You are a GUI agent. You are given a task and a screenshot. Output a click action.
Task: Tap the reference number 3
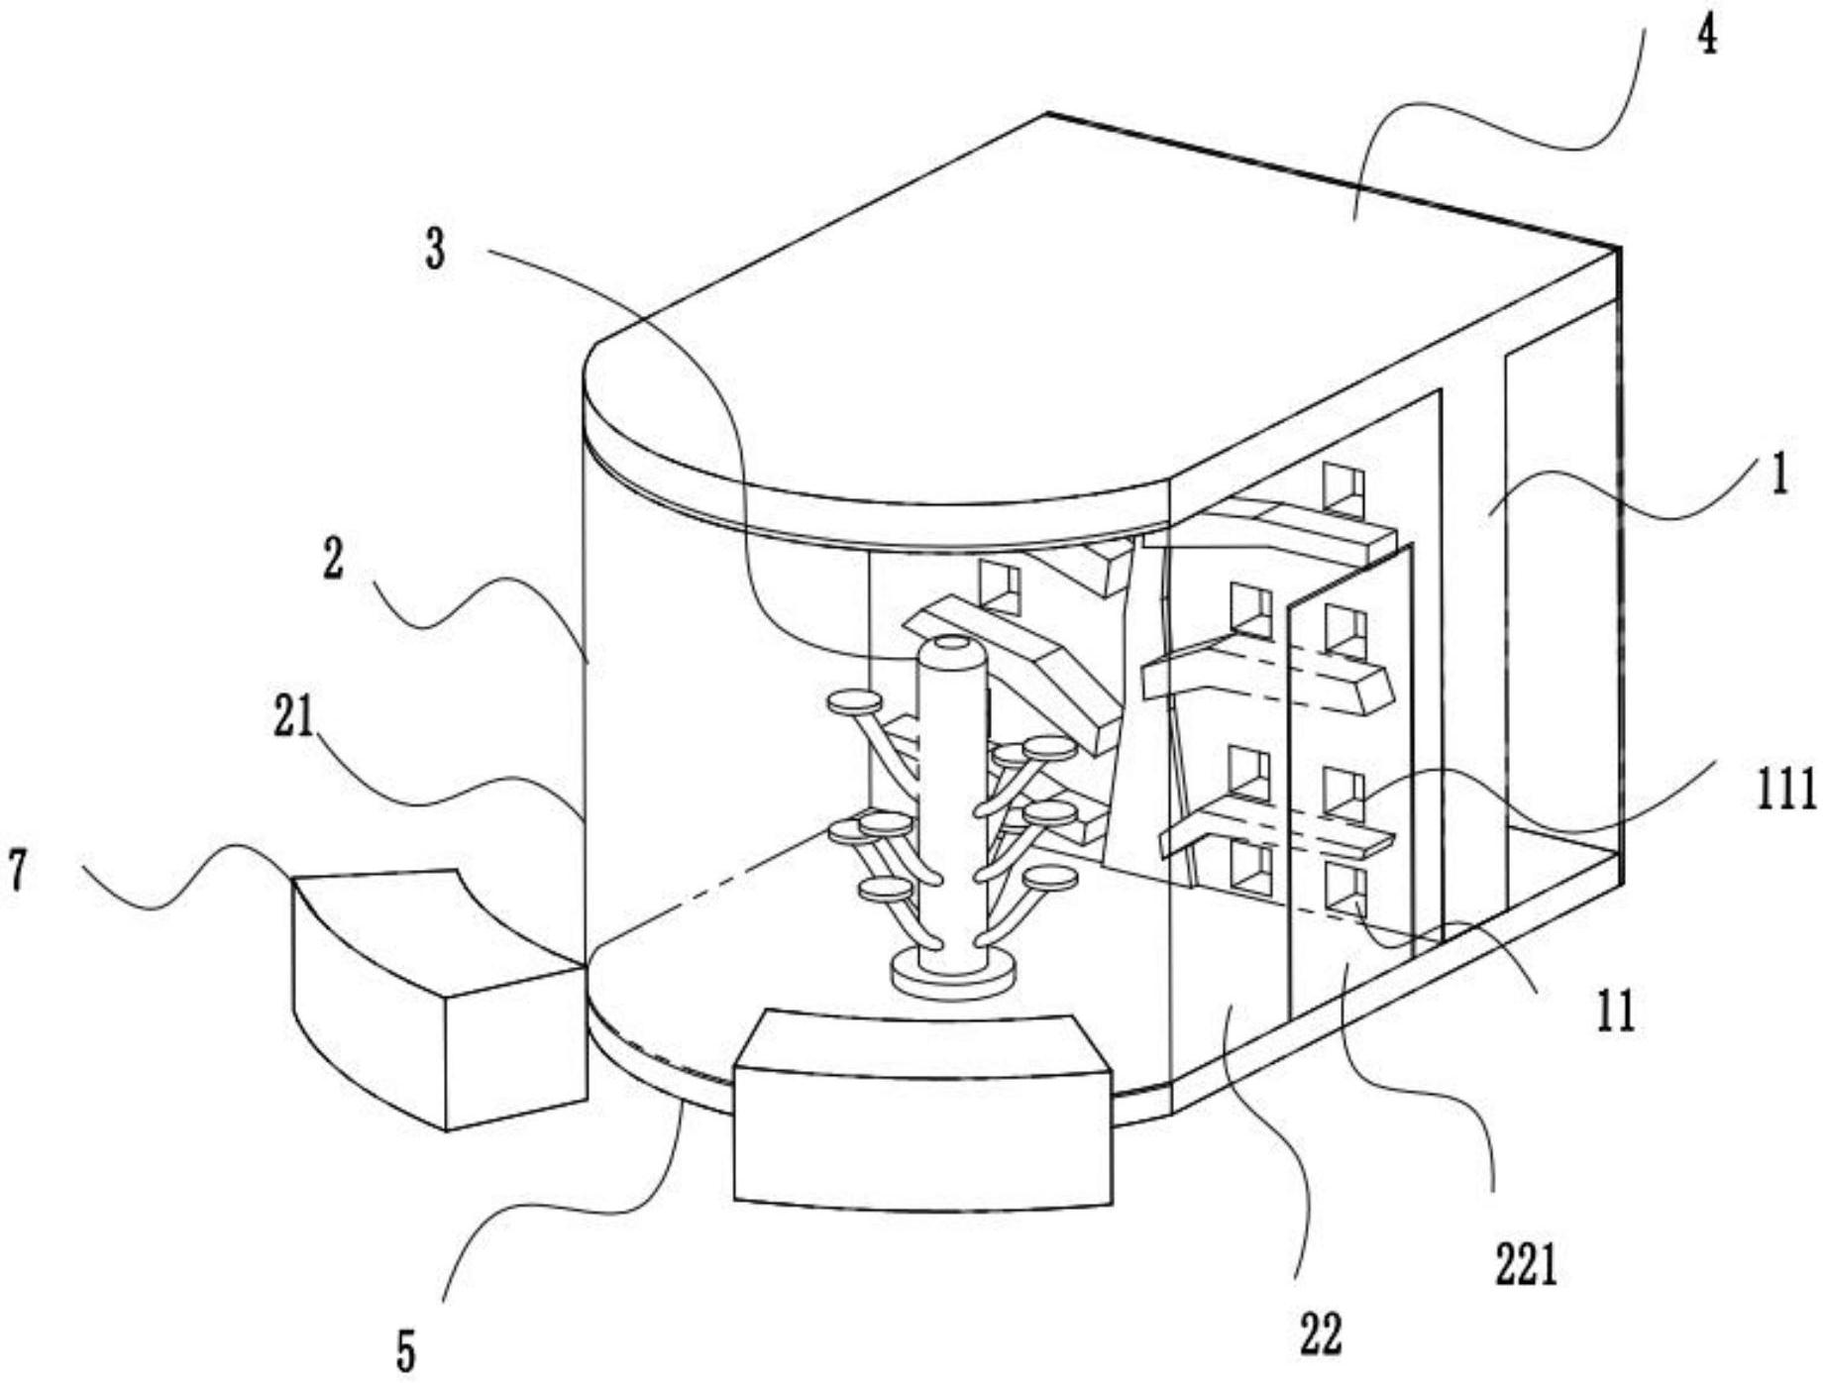pyautogui.click(x=435, y=249)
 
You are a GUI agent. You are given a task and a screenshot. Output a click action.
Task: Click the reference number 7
pyautogui.click(x=16, y=871)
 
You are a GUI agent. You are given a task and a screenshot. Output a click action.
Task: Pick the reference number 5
pyautogui.click(x=406, y=1349)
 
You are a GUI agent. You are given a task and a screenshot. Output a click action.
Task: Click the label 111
pyautogui.click(x=1787, y=790)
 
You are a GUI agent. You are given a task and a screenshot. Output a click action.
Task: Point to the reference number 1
pyautogui.click(x=1780, y=476)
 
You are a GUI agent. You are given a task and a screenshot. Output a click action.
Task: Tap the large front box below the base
pyautogui.click(x=922, y=1110)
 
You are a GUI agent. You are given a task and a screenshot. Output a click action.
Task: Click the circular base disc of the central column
pyautogui.click(x=953, y=973)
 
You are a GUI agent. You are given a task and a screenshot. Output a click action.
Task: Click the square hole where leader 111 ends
pyautogui.click(x=1344, y=794)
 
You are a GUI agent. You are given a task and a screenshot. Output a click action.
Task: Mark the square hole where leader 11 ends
pyautogui.click(x=1345, y=889)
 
